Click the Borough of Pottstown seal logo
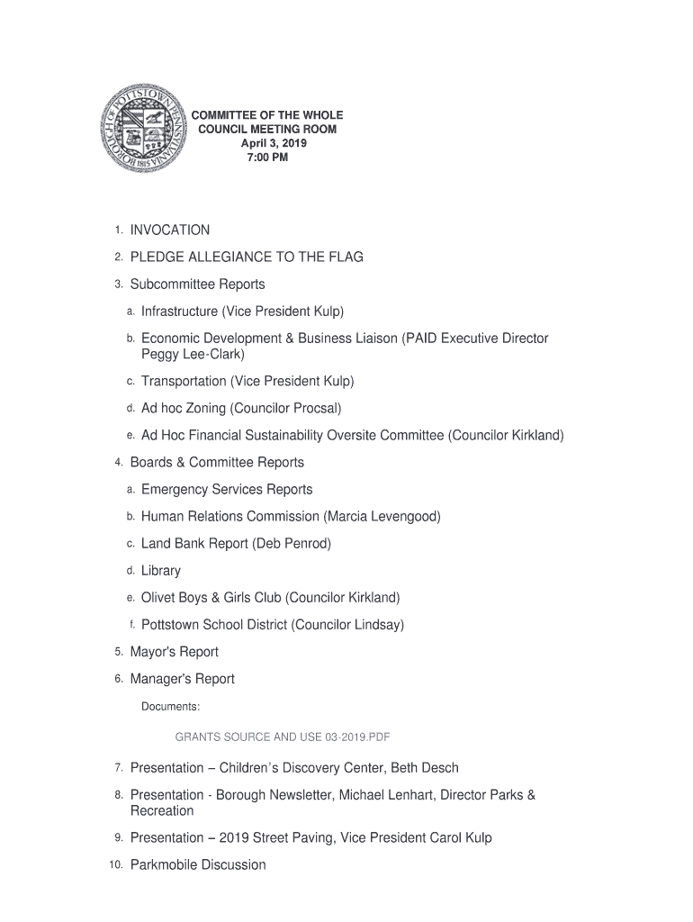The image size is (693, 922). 146,137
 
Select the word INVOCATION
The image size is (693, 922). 170,230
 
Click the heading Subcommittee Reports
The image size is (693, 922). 197,285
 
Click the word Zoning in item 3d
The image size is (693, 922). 206,409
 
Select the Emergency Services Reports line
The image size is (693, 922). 227,490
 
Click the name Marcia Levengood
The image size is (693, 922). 383,517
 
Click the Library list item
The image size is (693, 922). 161,571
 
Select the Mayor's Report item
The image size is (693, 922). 174,652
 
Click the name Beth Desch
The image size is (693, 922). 425,768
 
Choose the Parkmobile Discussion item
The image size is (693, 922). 198,865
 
